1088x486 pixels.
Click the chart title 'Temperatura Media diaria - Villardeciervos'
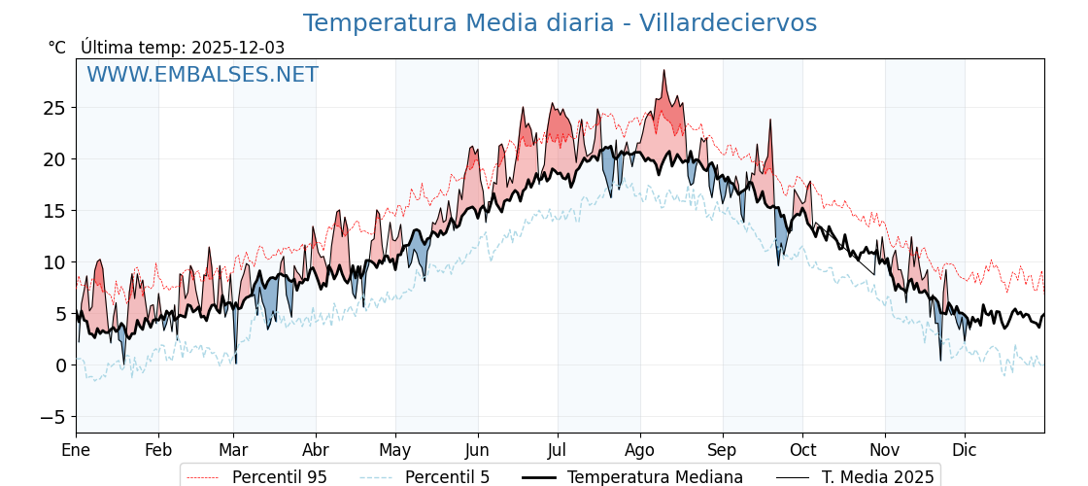point(560,23)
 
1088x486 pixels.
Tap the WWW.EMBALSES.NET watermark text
point(202,75)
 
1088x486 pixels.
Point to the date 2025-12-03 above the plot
point(238,48)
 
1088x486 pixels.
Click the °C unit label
point(57,48)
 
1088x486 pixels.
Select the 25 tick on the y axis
point(54,107)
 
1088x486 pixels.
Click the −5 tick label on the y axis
point(51,417)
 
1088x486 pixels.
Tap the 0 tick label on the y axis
point(60,365)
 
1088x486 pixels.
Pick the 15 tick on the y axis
point(54,210)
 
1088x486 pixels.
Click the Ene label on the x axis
point(76,450)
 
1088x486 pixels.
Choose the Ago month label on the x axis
point(640,450)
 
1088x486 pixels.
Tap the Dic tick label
point(965,450)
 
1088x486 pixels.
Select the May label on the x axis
point(395,450)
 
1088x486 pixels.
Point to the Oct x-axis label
point(802,450)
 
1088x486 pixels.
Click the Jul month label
point(558,450)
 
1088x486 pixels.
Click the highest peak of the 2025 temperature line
point(664,70)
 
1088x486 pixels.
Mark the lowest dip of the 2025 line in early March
point(236,363)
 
